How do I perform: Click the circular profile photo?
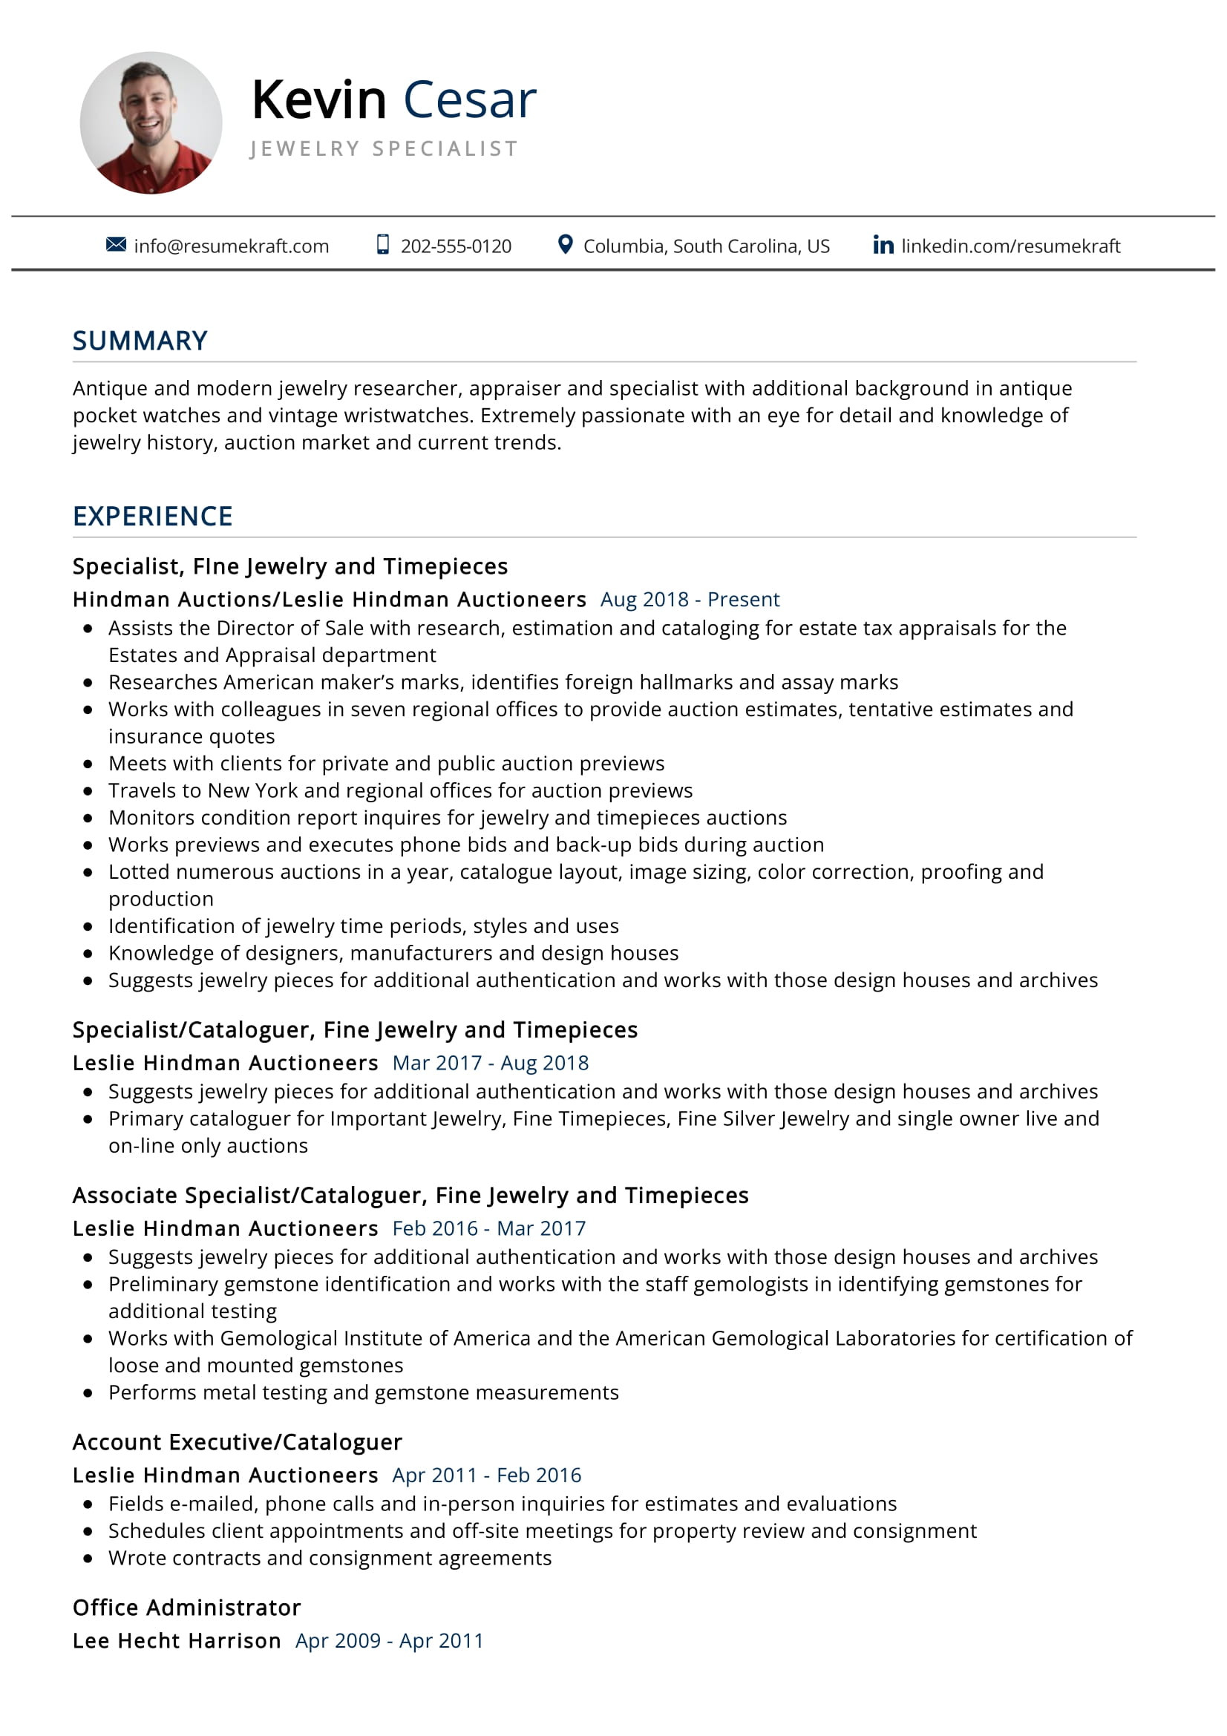click(x=151, y=122)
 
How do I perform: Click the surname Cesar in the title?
click(x=469, y=99)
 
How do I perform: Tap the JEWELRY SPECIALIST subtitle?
click(x=384, y=148)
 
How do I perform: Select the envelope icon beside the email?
click(x=116, y=244)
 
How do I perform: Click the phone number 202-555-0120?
click(x=455, y=246)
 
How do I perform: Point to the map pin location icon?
click(x=564, y=244)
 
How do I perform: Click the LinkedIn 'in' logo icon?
click(x=883, y=244)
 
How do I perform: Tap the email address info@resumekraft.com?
click(x=232, y=246)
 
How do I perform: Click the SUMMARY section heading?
click(x=140, y=341)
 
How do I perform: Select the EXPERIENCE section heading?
click(x=153, y=517)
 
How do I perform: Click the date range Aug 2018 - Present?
click(x=690, y=600)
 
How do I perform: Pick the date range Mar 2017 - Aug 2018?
click(x=491, y=1063)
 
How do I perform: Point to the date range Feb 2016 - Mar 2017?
click(x=489, y=1228)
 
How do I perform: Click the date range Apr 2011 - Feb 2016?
click(x=487, y=1475)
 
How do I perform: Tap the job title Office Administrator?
click(x=187, y=1608)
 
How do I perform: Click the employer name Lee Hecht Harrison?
click(x=177, y=1642)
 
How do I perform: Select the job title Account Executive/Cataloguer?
click(x=238, y=1443)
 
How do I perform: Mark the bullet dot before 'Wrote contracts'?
click(x=88, y=1559)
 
